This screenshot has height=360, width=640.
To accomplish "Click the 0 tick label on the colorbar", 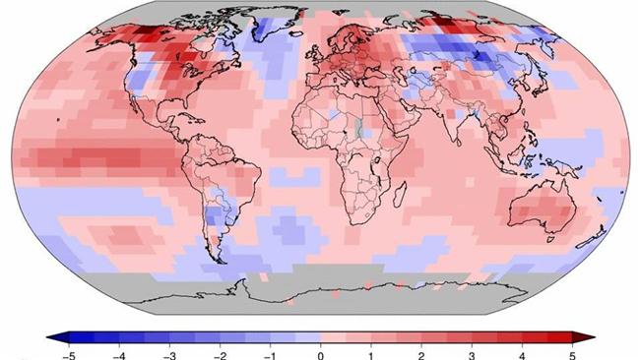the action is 320,356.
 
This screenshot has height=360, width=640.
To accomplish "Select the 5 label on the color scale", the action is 572,356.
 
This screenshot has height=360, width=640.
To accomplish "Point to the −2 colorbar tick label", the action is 220,356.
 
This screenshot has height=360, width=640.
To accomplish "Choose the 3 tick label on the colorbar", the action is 472,356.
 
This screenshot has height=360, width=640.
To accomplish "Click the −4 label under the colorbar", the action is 119,356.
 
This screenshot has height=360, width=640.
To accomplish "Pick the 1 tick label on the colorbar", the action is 371,356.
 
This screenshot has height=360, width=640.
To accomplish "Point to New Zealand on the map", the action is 591,238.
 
